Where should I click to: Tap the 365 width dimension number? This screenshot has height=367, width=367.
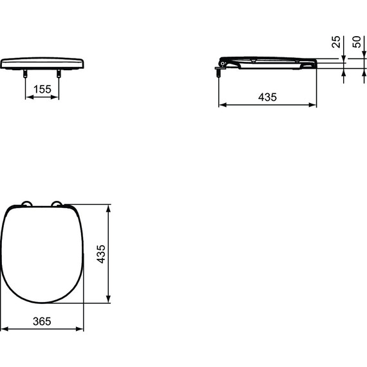click(x=42, y=321)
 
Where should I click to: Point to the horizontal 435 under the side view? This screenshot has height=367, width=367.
click(x=267, y=97)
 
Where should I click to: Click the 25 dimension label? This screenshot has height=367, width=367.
click(x=335, y=42)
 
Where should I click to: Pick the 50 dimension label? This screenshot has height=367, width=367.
click(x=357, y=42)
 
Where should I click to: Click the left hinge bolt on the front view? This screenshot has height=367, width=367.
click(x=26, y=73)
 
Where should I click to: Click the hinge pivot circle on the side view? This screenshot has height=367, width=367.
click(x=223, y=63)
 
